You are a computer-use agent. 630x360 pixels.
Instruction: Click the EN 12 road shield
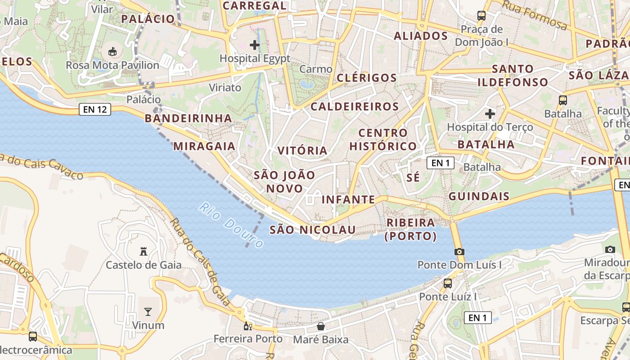tap(95, 109)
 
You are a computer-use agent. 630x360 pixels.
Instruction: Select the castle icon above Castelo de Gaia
tap(144, 251)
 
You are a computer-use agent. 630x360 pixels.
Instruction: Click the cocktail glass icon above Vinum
tap(148, 311)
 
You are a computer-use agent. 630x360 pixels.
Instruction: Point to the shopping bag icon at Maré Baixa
tap(321, 326)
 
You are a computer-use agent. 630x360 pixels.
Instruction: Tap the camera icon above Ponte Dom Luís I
tap(459, 252)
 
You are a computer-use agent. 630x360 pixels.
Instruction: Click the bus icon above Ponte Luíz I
tap(447, 283)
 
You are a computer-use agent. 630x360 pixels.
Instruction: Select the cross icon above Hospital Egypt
tap(255, 45)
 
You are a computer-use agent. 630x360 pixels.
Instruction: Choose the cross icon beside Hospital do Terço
tap(490, 114)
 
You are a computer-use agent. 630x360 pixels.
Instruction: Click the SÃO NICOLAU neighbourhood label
tap(312, 230)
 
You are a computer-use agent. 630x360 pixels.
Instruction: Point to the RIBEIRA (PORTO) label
tap(410, 229)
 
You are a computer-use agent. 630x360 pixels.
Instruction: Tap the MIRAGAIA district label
tap(204, 146)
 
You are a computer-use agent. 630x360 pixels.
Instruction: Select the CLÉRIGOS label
tap(367, 78)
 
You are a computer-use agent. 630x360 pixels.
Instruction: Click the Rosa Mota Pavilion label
tap(112, 66)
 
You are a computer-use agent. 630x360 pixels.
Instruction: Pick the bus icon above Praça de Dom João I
tap(481, 16)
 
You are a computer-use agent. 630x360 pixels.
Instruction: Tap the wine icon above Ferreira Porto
tap(247, 326)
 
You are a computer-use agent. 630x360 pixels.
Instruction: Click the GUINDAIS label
tap(479, 196)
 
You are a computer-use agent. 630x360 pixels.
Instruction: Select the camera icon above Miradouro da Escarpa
tap(610, 249)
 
